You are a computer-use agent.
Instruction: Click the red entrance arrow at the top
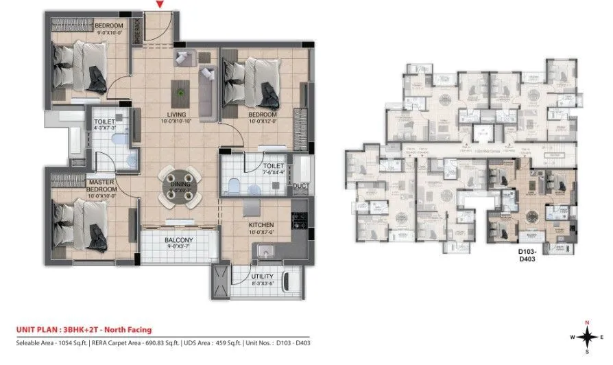pos(160,5)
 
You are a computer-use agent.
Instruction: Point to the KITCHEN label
pos(261,225)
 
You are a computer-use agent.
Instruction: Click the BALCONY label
pos(178,240)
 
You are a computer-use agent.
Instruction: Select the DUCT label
pos(300,186)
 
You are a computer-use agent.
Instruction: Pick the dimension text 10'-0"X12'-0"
pos(262,122)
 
